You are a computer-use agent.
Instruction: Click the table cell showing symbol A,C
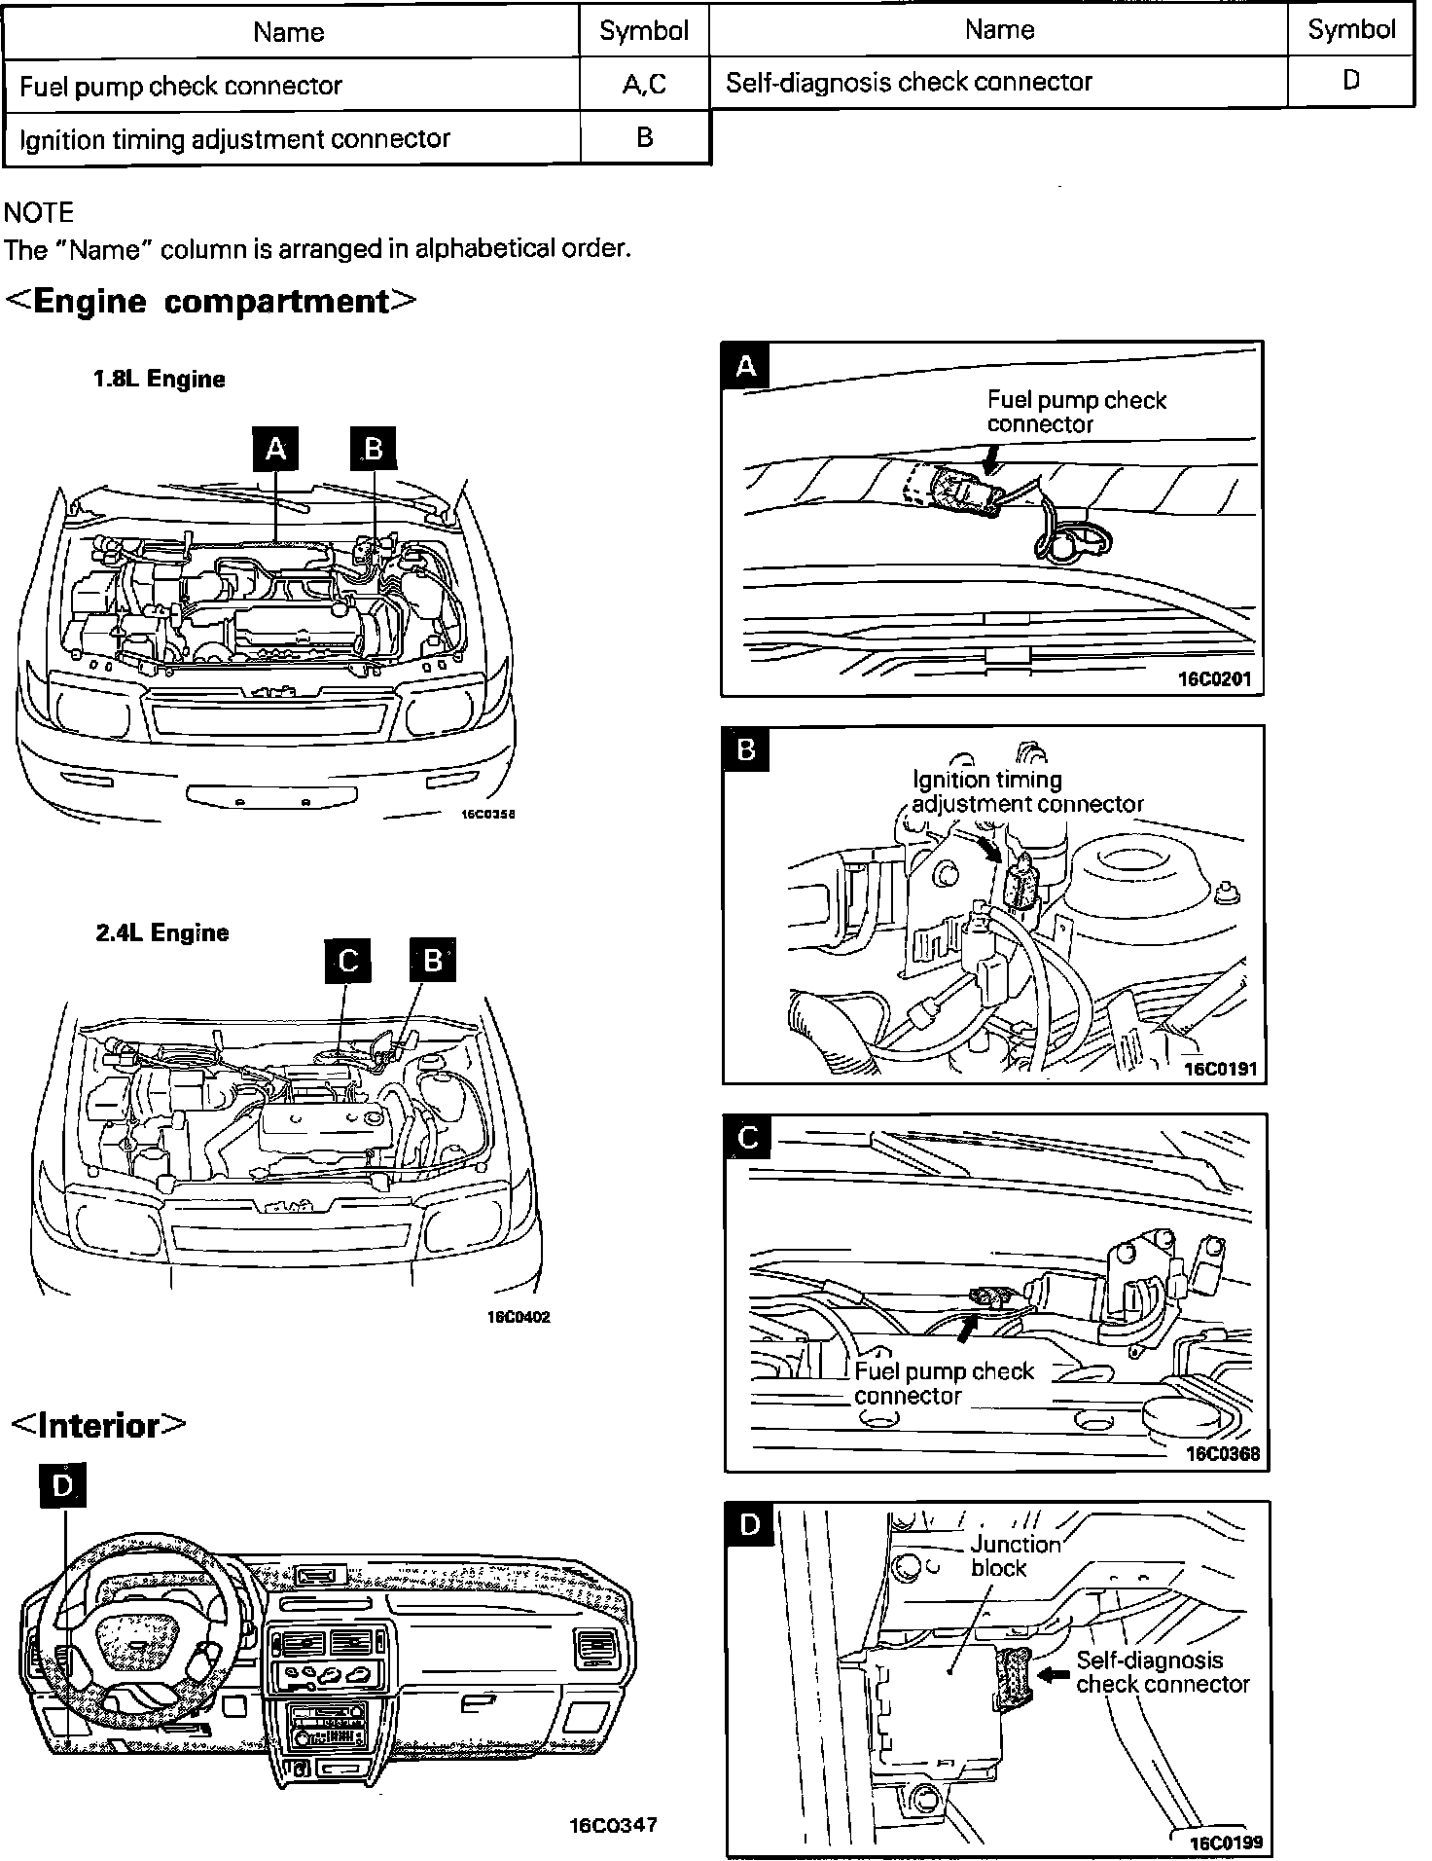tap(644, 85)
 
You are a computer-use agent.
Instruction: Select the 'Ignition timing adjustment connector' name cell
tap(234, 139)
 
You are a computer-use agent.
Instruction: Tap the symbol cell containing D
tap(1350, 81)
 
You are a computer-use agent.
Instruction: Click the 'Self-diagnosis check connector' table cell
tap(910, 82)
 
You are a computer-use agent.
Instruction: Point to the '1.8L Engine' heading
tap(160, 379)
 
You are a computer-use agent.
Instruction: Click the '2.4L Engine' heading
tap(162, 932)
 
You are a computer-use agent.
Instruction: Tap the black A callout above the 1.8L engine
tap(276, 449)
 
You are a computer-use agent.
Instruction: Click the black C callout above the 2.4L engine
tap(348, 961)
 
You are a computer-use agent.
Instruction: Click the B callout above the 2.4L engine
tap(433, 961)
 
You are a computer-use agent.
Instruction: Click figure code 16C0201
tap(1214, 678)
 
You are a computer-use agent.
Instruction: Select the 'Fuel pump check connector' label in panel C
tap(944, 1383)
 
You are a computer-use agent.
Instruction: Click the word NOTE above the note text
tap(39, 212)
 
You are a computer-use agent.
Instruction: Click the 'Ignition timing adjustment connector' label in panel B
tap(1026, 791)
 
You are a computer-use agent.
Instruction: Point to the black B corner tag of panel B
tap(747, 750)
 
